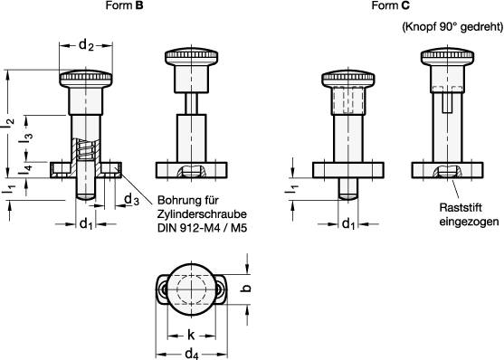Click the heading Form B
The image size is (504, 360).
click(124, 5)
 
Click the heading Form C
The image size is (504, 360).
click(391, 5)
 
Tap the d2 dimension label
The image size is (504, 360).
click(86, 45)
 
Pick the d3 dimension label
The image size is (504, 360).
click(131, 200)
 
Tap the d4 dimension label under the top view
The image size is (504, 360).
click(192, 354)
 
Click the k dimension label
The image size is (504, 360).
click(191, 335)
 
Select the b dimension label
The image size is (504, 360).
click(246, 289)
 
